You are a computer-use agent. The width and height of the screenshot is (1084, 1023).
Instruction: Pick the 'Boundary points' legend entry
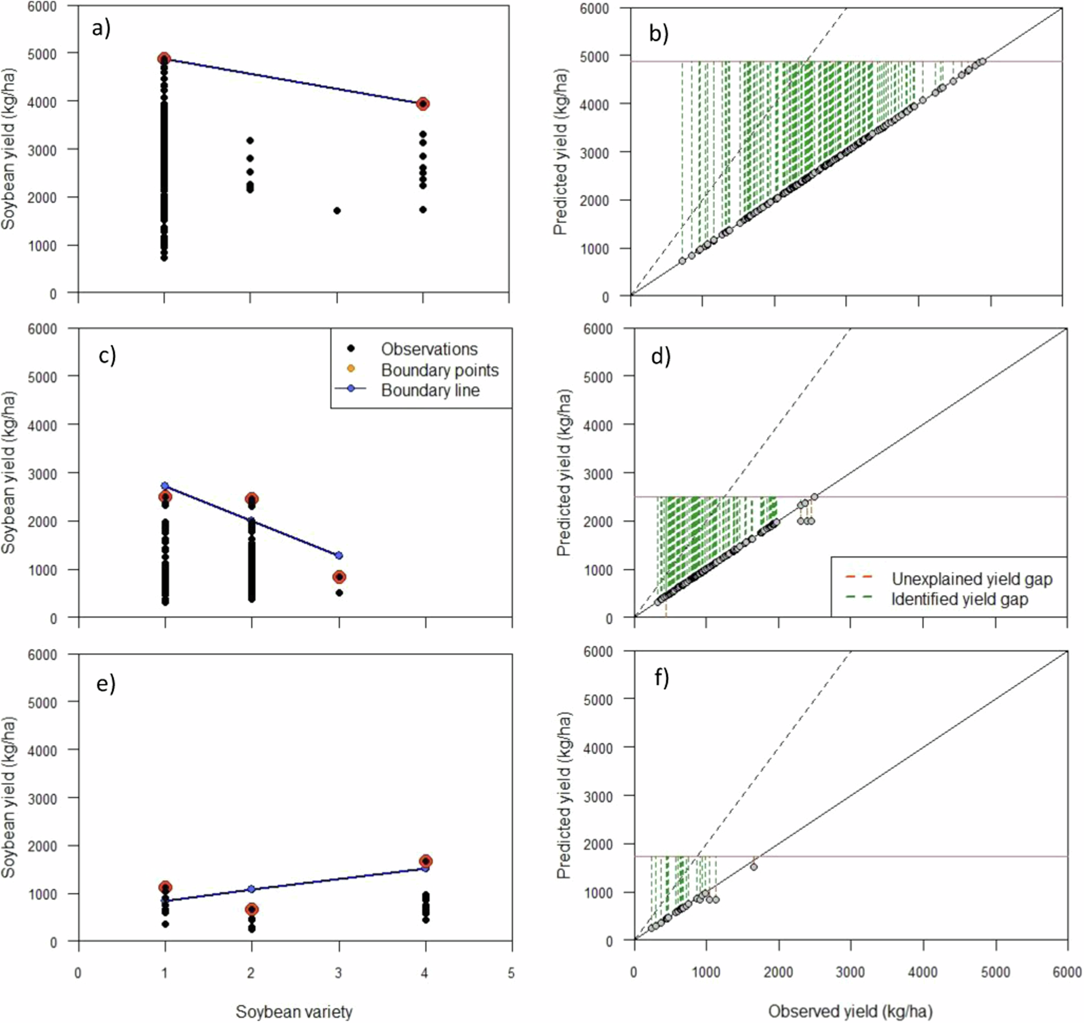[x=440, y=370]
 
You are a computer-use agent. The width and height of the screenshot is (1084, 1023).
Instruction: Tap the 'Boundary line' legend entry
[x=430, y=390]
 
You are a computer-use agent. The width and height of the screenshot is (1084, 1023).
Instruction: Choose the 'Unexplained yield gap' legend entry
[x=971, y=578]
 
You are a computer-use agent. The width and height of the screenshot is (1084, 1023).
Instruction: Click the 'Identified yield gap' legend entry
[x=959, y=599]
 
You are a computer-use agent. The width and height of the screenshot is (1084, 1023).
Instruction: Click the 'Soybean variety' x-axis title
[x=294, y=1012]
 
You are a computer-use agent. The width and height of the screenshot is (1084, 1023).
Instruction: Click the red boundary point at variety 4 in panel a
[x=423, y=104]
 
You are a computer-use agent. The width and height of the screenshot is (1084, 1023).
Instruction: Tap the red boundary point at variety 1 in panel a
[x=164, y=59]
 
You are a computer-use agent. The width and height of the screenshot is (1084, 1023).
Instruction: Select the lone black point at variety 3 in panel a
[x=337, y=210]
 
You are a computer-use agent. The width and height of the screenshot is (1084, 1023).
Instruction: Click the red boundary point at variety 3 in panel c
[x=339, y=577]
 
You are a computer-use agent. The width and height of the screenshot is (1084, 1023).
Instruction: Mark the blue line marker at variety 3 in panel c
[x=339, y=555]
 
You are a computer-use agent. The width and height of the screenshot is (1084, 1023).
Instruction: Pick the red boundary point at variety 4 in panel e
[x=426, y=861]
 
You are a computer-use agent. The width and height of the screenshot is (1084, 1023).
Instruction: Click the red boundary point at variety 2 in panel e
[x=251, y=909]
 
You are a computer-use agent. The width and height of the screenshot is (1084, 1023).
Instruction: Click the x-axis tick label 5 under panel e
[x=511, y=972]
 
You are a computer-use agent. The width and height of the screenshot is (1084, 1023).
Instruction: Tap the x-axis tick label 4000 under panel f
[x=923, y=972]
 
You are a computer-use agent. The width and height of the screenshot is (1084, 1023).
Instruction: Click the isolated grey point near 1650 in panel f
[x=753, y=866]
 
